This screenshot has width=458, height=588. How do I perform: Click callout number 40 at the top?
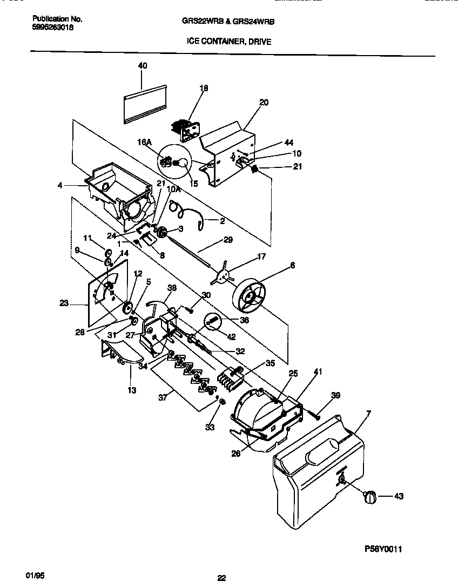143,66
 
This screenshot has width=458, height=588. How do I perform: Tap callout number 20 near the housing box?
264,103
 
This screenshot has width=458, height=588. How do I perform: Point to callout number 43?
399,496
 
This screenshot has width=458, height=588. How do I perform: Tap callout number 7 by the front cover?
368,414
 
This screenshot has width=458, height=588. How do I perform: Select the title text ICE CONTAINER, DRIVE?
229,41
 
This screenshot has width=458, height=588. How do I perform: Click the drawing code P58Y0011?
383,549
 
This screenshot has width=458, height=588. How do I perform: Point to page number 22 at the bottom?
221,578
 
